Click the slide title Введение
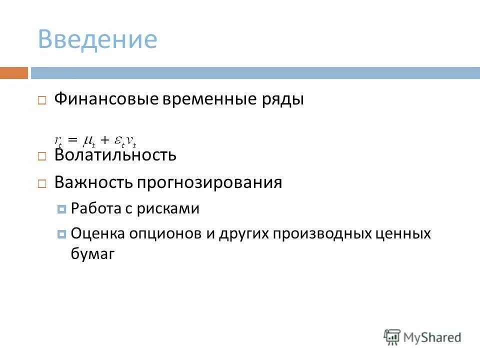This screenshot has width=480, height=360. pos(97,39)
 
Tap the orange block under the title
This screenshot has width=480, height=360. pos(13,73)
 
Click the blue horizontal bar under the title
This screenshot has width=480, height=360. pos(255,73)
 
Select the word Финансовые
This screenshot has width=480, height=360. pos(106,99)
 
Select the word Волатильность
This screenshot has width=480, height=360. pos(115,155)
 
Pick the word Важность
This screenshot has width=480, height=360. pos(90,182)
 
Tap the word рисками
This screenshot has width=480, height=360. pos(172,208)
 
